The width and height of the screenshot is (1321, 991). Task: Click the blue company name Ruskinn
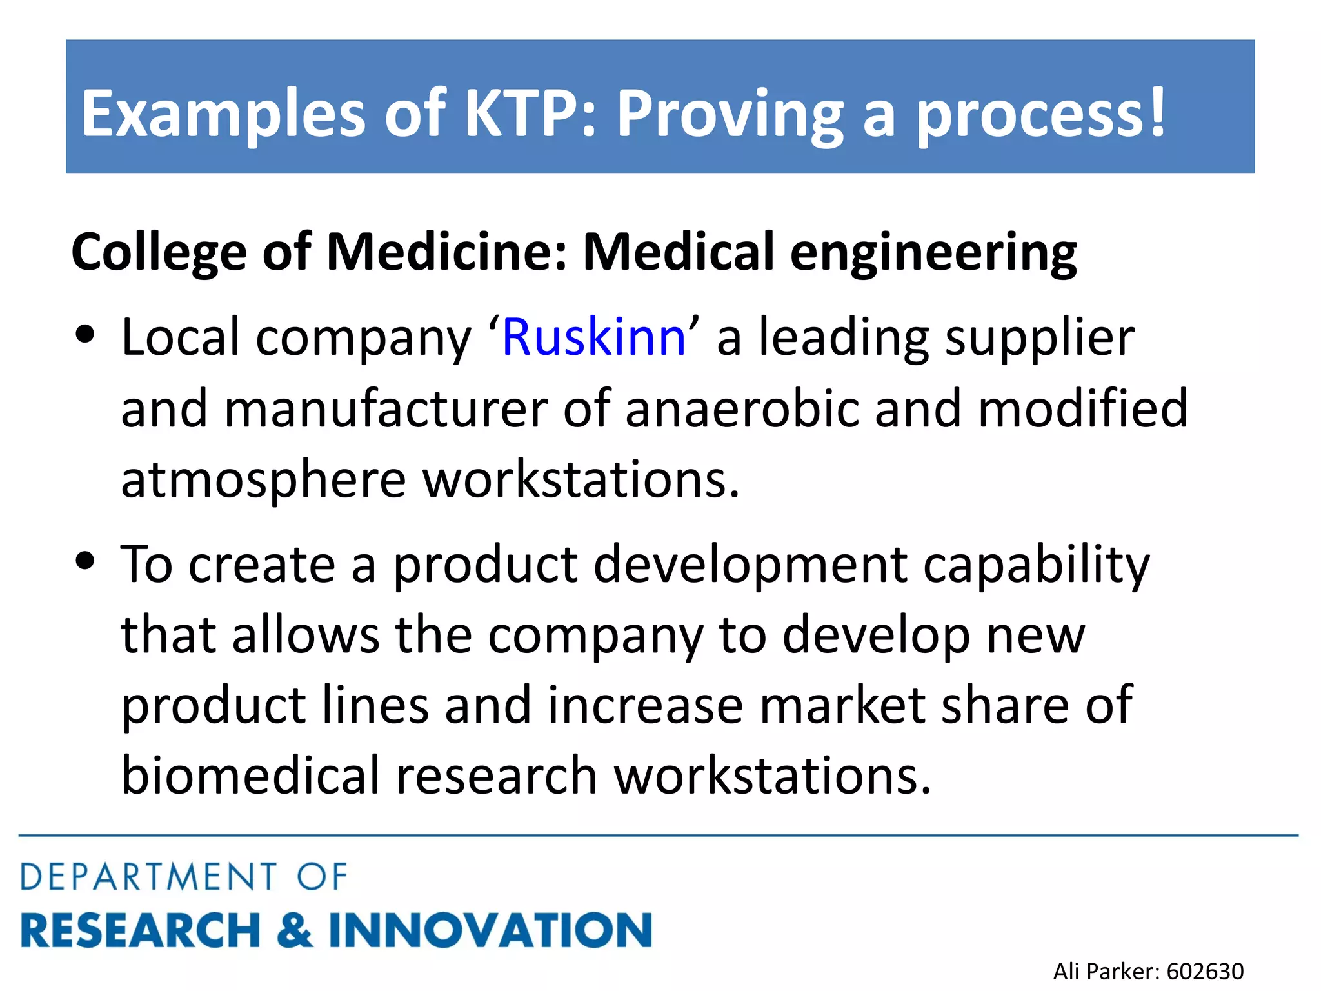(x=593, y=337)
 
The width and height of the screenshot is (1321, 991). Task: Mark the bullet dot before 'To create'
(x=85, y=560)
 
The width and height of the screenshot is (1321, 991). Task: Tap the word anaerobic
(x=742, y=408)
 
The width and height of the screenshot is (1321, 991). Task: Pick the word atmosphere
(x=263, y=481)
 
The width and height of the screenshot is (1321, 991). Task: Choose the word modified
(x=1082, y=408)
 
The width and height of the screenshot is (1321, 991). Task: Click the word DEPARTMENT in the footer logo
(x=149, y=877)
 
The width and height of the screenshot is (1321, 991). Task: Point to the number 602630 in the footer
(x=1205, y=971)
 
